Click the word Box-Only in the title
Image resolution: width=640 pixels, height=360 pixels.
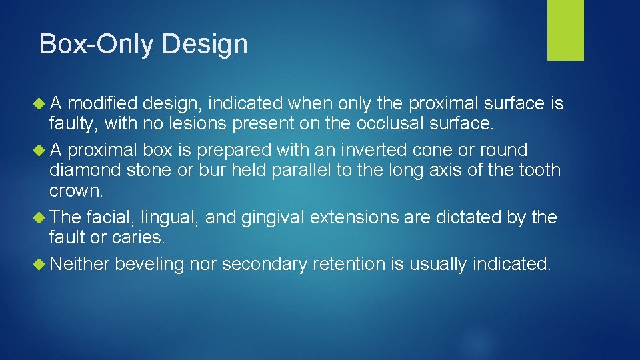pos(97,45)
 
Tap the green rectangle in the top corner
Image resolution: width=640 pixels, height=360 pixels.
pos(565,30)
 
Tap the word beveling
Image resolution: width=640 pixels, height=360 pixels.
pos(149,264)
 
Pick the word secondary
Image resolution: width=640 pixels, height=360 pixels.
pos(263,264)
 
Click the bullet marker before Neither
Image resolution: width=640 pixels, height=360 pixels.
pos(41,264)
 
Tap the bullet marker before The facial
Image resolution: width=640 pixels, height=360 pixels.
pos(41,217)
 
